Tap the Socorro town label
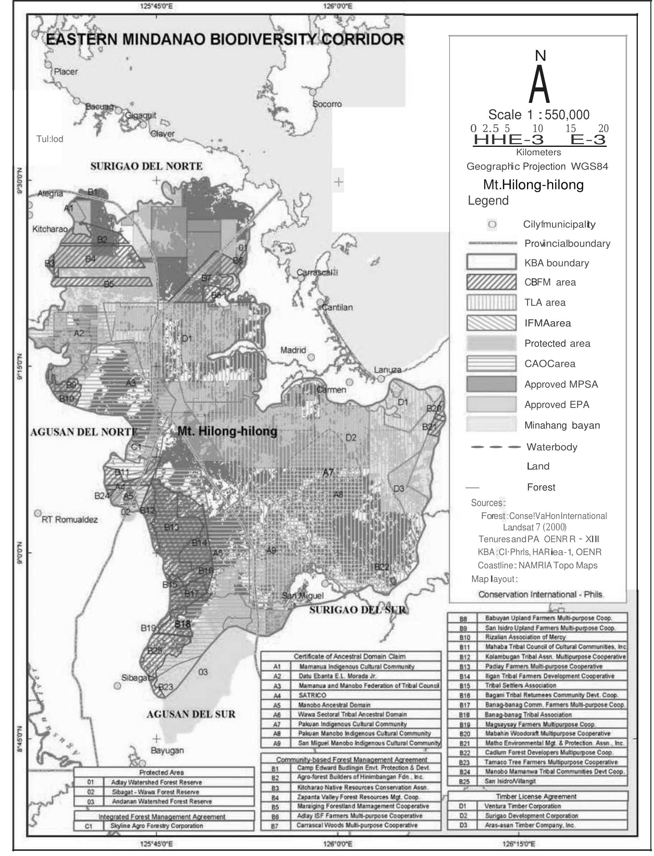tap(327, 104)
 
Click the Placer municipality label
tap(66, 72)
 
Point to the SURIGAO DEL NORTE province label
tap(147, 166)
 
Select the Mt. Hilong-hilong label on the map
tap(227, 431)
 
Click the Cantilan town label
tap(337, 307)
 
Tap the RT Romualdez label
tap(70, 520)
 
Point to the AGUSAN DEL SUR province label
tap(191, 714)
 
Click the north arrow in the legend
tap(540, 80)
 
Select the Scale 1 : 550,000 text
tap(539, 115)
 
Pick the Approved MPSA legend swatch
tap(491, 384)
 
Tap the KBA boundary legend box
tap(491, 262)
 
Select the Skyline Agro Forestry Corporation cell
tap(156, 826)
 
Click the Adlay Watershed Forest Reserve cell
tap(156, 782)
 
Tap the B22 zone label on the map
tap(382, 567)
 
